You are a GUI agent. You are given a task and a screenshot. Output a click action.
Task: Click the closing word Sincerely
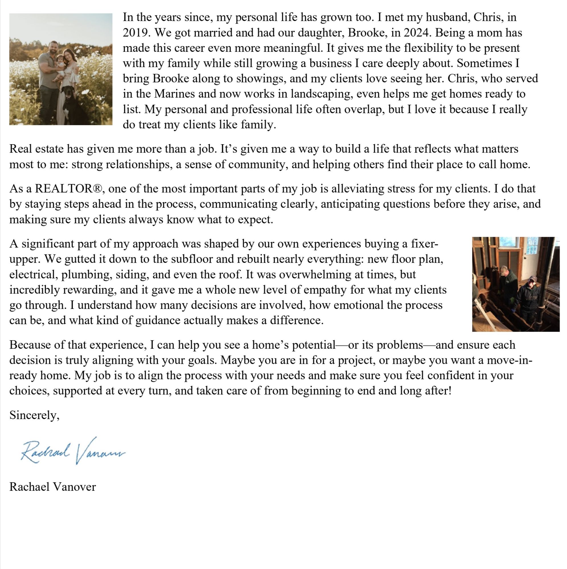click(x=34, y=415)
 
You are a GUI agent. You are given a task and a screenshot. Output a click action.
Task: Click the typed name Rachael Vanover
click(x=52, y=487)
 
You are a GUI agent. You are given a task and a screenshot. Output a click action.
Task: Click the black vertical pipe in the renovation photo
click(x=547, y=283)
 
